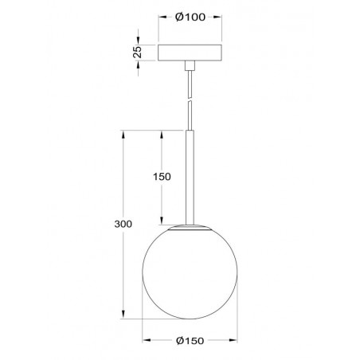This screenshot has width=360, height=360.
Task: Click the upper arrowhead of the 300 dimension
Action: coord(123,133)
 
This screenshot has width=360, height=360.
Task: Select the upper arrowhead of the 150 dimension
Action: coord(159,133)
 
